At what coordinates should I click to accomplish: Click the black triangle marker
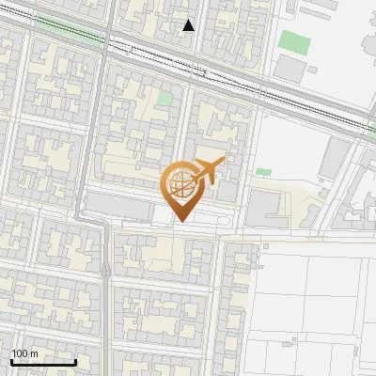coord(189,25)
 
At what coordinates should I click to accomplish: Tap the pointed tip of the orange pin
coord(180,222)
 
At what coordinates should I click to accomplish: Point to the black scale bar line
coord(43,363)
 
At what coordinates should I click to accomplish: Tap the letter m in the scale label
coord(34,353)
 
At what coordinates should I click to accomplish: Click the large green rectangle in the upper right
coord(294,42)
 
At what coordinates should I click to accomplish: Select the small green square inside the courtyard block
coord(164,99)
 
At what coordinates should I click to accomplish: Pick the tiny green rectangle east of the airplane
coord(263,172)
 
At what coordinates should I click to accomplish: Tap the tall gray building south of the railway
coord(333,159)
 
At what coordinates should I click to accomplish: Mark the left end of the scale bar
coord(12,363)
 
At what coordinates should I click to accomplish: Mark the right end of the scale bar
coord(75,363)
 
